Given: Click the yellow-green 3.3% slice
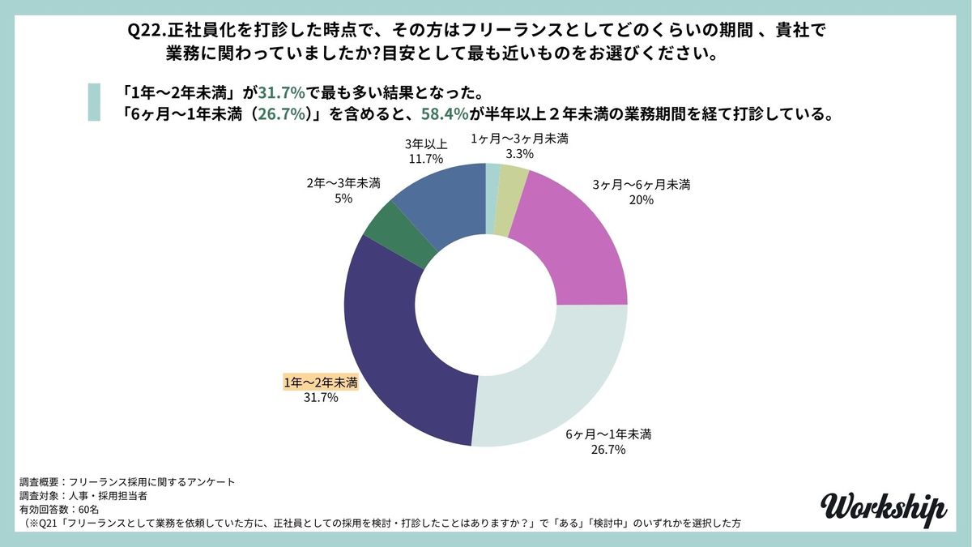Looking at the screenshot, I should pyautogui.click(x=513, y=194).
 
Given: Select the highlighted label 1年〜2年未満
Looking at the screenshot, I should pyautogui.click(x=321, y=382).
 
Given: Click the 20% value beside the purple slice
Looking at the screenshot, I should pyautogui.click(x=642, y=200).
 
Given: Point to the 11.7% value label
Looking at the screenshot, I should pyautogui.click(x=424, y=160).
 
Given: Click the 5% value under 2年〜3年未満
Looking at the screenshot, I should pyautogui.click(x=343, y=199).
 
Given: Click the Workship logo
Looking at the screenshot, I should pyautogui.click(x=882, y=506).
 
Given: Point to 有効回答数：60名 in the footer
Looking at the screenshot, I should pyautogui.click(x=59, y=510).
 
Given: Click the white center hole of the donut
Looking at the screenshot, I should pyautogui.click(x=486, y=304).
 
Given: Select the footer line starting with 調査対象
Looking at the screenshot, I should pyautogui.click(x=83, y=495).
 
